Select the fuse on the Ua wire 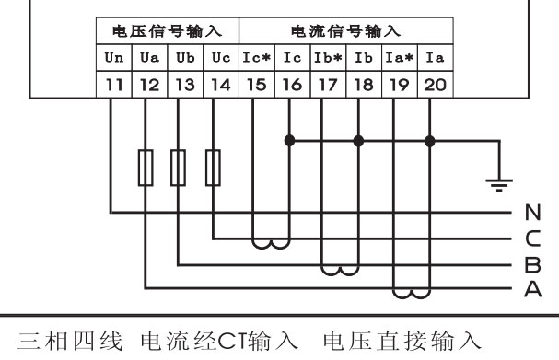(x=146, y=168)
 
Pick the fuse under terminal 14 (x=215, y=168)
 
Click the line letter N (x=532, y=213)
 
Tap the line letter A (x=532, y=290)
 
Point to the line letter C (x=532, y=238)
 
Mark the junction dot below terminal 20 (x=429, y=141)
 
